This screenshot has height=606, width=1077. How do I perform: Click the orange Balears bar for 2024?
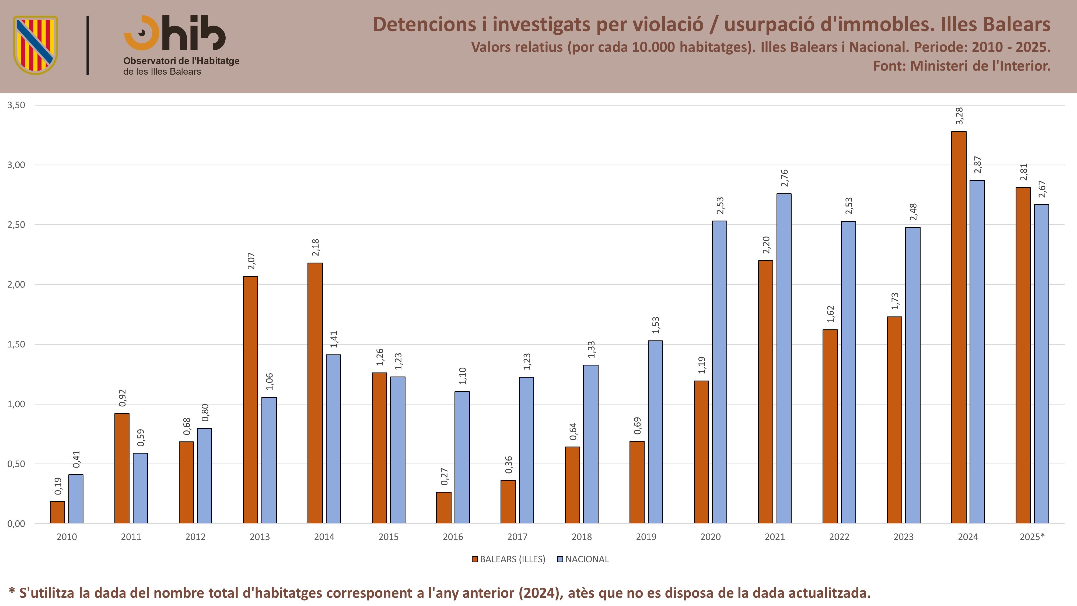click(x=959, y=328)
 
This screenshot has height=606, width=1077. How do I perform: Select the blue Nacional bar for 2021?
click(x=784, y=358)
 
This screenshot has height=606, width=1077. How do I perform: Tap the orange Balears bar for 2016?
click(x=444, y=508)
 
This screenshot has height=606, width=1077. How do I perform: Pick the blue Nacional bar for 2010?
click(x=76, y=499)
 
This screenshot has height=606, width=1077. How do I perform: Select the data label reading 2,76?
click(x=784, y=178)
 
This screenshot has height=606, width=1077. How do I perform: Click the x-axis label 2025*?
click(x=1032, y=537)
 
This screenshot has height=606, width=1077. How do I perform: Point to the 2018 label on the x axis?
click(x=582, y=537)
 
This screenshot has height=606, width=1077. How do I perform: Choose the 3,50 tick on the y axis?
click(x=16, y=105)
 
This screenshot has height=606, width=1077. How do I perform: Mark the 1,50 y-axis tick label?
click(x=16, y=344)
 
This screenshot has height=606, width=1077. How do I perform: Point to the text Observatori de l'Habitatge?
click(x=181, y=61)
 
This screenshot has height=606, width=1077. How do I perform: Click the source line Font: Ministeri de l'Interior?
click(x=961, y=66)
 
